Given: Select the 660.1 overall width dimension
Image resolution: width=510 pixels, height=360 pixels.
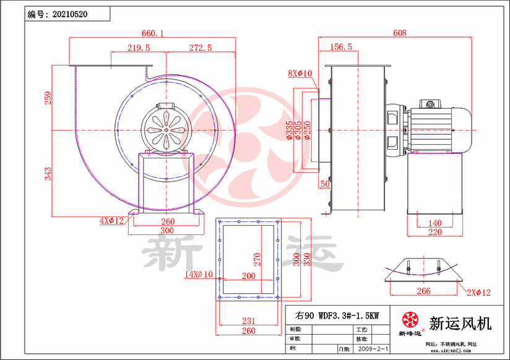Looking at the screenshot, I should (x=153, y=34).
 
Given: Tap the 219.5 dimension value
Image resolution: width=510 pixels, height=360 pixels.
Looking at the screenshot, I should (x=139, y=48).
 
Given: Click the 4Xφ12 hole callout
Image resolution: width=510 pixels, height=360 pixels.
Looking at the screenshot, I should (x=112, y=220).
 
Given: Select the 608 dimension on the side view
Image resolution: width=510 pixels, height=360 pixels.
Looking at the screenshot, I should (x=400, y=33).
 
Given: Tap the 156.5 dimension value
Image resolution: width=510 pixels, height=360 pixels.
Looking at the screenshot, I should (x=341, y=47).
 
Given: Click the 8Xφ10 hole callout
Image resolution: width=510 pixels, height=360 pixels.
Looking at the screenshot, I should (x=300, y=74).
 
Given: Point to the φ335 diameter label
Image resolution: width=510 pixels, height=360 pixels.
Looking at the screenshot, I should (x=290, y=131).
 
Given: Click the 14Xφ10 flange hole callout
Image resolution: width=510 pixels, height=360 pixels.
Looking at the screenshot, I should (x=198, y=274).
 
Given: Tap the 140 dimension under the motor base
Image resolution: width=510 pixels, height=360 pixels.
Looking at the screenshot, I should (x=435, y=223).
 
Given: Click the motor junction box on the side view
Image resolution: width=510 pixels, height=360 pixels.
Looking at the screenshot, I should (x=430, y=103).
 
